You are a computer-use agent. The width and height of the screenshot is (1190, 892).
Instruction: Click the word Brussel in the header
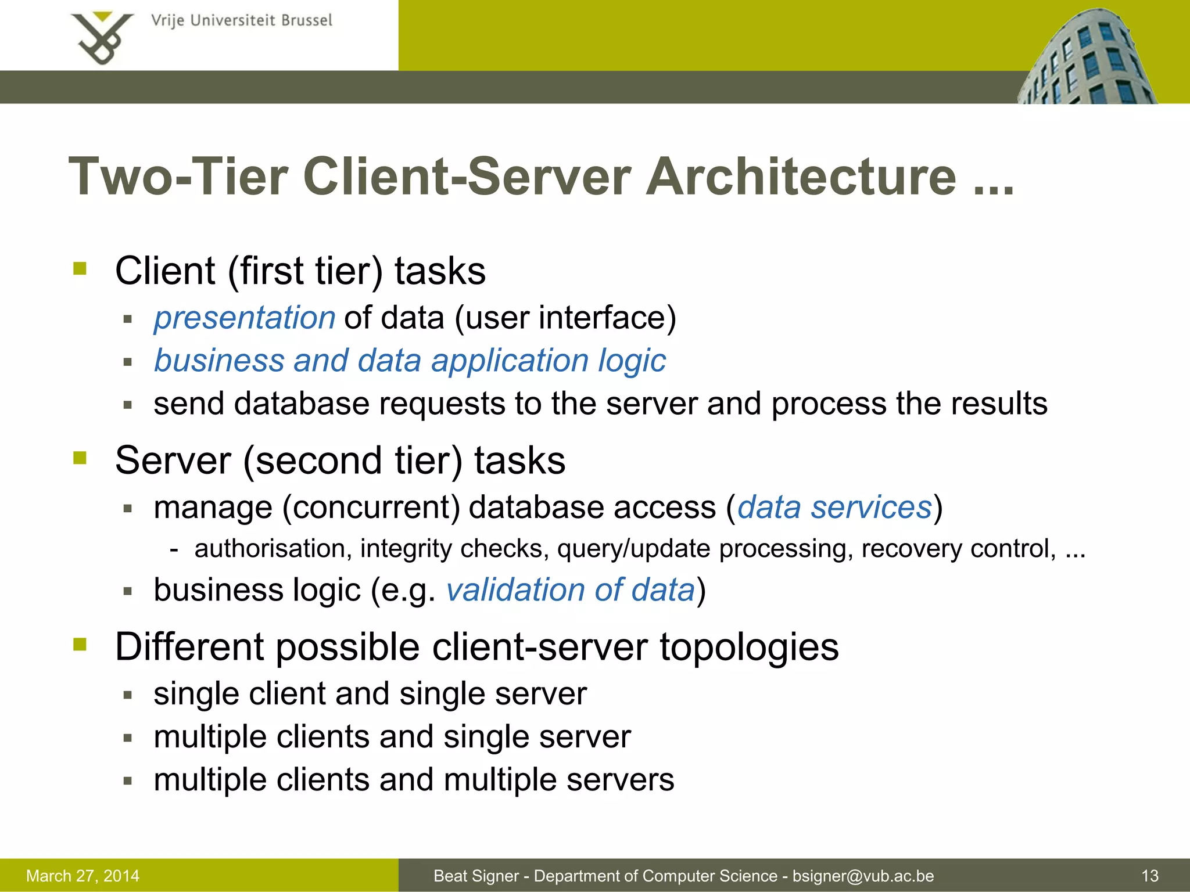point(306,21)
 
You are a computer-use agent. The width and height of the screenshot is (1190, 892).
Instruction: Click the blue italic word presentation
point(245,318)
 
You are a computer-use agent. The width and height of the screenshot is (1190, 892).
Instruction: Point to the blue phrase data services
point(834,507)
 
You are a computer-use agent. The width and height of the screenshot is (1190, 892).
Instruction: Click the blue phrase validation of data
point(570,590)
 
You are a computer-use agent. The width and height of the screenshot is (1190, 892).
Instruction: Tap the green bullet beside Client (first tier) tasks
point(80,268)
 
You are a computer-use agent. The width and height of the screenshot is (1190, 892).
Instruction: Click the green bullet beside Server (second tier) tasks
point(80,458)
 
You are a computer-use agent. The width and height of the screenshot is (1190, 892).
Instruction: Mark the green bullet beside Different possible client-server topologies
point(80,644)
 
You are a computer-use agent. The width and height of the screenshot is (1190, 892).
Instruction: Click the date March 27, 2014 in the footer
point(83,876)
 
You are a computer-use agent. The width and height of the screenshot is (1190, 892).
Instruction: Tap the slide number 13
point(1150,876)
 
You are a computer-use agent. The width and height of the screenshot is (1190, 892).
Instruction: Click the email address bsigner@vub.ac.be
point(863,876)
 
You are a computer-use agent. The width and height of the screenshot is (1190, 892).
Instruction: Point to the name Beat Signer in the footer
point(476,876)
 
